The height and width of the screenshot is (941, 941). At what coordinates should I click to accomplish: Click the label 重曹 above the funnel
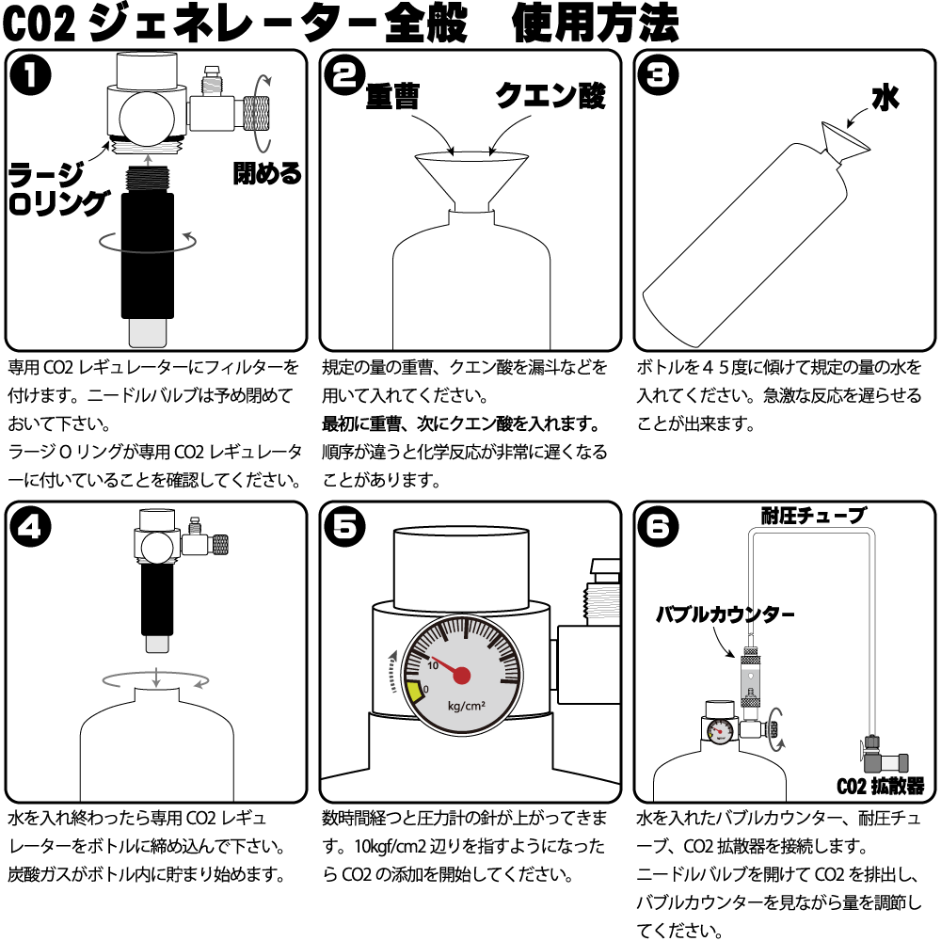click(x=393, y=97)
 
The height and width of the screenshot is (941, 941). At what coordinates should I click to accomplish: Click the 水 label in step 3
click(x=885, y=98)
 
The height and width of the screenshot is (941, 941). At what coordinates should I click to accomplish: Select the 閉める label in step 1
click(x=267, y=173)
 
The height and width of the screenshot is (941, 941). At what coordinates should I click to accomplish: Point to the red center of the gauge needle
click(x=462, y=675)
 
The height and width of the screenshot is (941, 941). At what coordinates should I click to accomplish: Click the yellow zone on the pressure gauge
click(x=414, y=692)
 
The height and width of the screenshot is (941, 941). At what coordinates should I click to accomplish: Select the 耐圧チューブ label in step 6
click(x=813, y=515)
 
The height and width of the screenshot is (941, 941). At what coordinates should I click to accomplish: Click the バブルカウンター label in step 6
click(x=725, y=614)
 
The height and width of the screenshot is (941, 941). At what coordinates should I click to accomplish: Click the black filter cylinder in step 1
click(x=147, y=254)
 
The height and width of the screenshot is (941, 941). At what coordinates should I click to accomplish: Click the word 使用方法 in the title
click(x=595, y=24)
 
